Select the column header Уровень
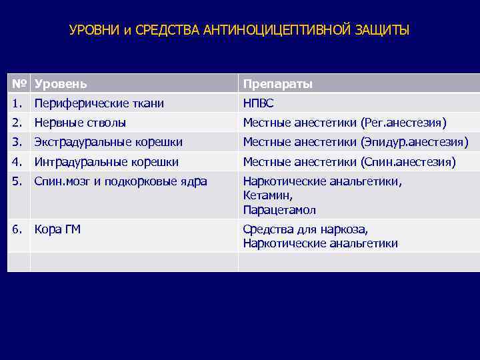61,84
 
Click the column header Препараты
277,84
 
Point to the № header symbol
19,84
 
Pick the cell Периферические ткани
99,103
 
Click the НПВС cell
258,103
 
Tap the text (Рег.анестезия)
403,123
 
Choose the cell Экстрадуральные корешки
108,142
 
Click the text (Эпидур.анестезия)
414,142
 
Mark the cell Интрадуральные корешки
106,161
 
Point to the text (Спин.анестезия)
407,161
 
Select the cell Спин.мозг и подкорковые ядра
121,181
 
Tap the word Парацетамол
279,210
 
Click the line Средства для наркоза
305,229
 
